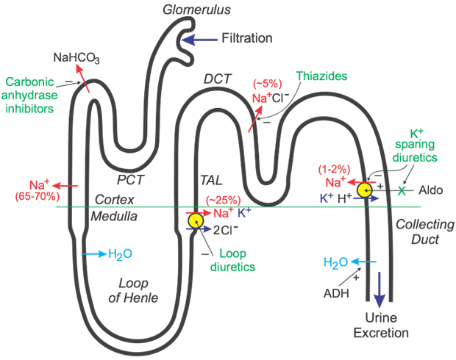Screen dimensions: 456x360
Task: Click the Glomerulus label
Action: point(196,10)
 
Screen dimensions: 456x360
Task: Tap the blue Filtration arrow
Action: point(200,40)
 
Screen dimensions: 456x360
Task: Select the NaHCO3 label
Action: point(76,58)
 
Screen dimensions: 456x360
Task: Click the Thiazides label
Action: point(321,76)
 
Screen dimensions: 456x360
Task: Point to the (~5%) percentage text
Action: point(267,84)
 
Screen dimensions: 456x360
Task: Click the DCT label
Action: point(217,79)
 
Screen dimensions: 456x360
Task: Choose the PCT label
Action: point(130,180)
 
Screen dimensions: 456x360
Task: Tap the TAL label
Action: point(211,180)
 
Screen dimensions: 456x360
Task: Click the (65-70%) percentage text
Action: point(38,197)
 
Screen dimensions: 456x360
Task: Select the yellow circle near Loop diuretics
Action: point(196,221)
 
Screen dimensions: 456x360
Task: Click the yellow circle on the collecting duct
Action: point(365,190)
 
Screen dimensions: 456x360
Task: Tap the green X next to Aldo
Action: point(402,190)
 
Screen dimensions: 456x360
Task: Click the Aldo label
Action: point(431,190)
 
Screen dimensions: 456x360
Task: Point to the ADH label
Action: point(336,293)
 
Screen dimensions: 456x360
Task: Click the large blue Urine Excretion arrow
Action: point(380,289)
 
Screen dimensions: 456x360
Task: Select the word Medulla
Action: point(114,217)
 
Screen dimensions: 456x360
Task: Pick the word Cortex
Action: point(115,200)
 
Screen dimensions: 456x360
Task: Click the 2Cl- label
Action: point(226,230)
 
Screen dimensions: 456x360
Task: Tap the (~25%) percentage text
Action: point(224,201)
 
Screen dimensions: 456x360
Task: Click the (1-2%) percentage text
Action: point(334,169)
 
